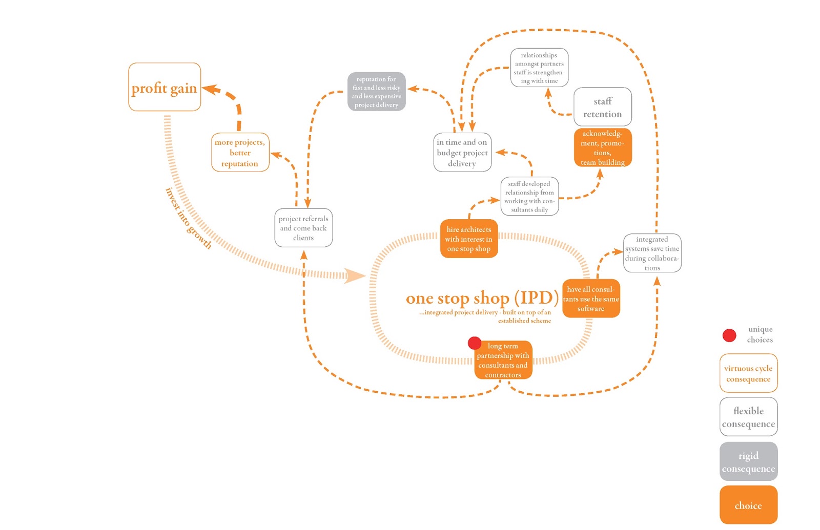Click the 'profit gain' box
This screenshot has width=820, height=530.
[164, 87]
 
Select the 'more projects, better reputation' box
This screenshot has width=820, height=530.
[240, 153]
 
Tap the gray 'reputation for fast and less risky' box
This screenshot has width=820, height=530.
[376, 92]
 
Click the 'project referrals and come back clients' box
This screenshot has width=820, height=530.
[303, 228]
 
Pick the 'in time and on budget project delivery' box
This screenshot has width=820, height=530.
[462, 153]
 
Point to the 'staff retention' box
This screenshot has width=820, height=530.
[602, 107]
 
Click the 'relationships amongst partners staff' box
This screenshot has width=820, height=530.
[539, 68]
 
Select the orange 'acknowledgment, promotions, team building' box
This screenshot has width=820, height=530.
[602, 147]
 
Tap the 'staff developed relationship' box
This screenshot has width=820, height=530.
[529, 196]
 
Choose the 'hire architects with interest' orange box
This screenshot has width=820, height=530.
[468, 239]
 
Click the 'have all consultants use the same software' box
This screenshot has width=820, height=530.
[591, 299]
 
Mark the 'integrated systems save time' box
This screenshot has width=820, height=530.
[652, 253]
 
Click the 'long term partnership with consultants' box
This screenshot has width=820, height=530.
[503, 361]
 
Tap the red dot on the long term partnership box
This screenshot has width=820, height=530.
[475, 343]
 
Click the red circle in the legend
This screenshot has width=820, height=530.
[729, 335]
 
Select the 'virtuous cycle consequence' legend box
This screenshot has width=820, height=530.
[748, 373]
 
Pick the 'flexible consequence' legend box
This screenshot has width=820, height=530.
[748, 417]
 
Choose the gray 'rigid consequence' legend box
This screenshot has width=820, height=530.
[748, 461]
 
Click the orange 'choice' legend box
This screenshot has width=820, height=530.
[748, 505]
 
